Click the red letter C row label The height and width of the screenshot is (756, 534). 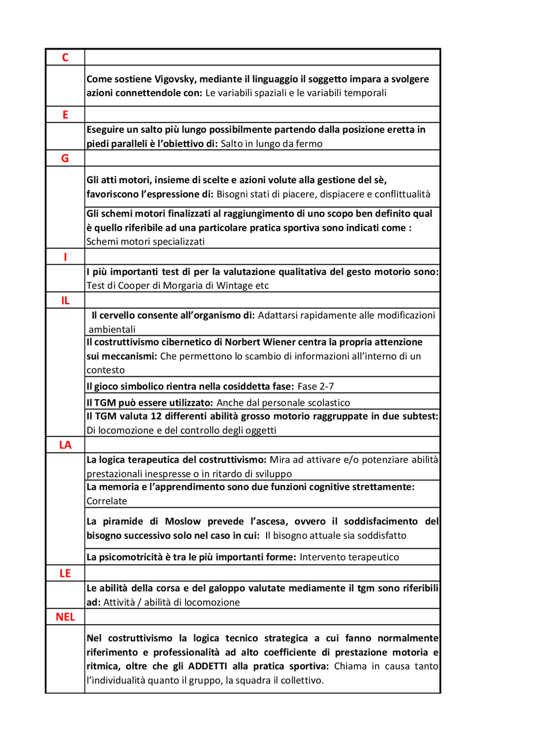point(65,58)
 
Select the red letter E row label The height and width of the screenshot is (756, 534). point(65,115)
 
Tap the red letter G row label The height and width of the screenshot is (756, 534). point(65,159)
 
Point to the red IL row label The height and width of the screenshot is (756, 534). point(65,301)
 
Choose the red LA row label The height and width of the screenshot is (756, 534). point(65,445)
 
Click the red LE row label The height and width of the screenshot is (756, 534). point(65,573)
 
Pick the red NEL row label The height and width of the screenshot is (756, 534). point(65,617)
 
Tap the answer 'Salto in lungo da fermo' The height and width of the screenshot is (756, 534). point(271,144)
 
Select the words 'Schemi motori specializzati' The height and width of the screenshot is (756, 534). point(145,242)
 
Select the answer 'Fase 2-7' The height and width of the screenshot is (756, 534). point(315,387)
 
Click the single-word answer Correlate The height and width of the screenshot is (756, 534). point(106,501)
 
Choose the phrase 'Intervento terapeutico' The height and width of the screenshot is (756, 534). point(349,557)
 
